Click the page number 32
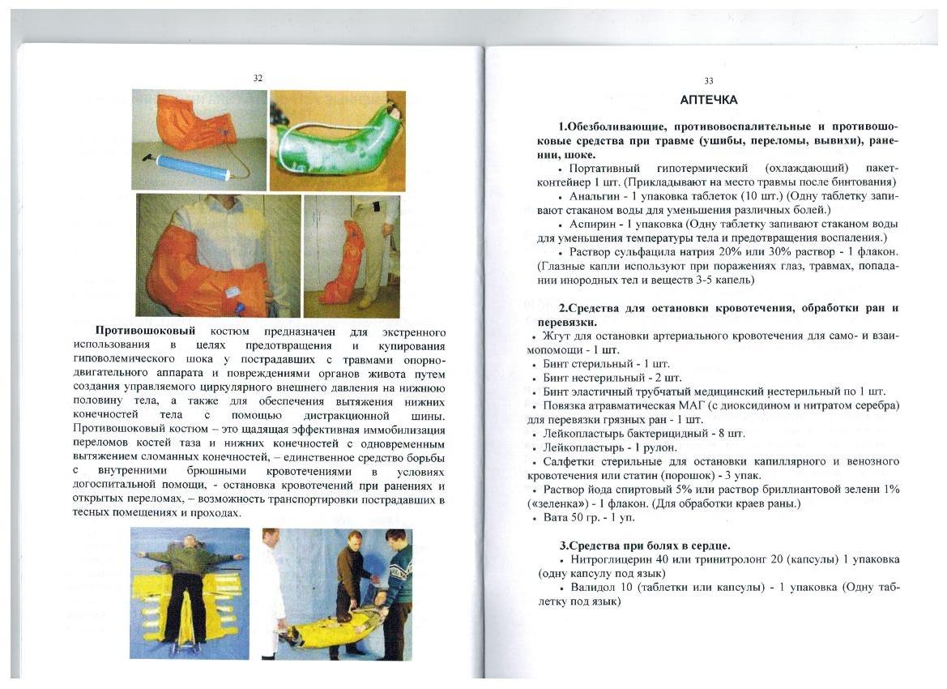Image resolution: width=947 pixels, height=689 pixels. tap(258, 78)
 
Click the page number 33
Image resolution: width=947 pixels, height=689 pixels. tap(709, 80)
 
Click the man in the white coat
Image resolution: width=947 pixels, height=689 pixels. tap(273, 584)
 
